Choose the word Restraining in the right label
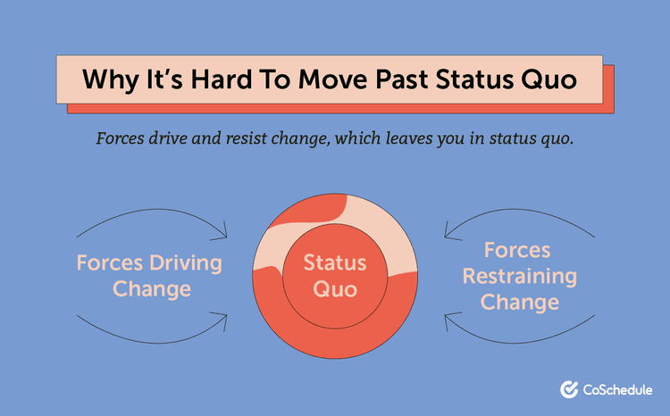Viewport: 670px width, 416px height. click(x=520, y=276)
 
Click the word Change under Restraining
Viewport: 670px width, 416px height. click(x=520, y=302)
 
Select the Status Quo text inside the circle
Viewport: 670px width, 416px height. click(x=335, y=276)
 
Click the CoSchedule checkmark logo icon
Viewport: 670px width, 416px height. click(x=568, y=389)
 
